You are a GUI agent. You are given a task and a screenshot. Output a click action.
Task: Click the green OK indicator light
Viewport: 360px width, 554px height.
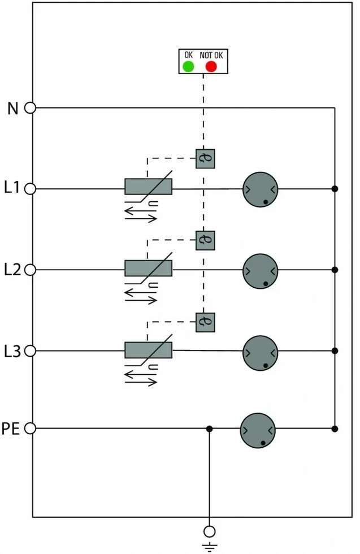(188, 66)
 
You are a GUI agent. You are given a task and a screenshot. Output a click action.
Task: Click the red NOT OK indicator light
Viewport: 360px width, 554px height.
(211, 66)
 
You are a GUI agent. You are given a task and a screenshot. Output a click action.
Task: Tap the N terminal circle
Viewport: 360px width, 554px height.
(31, 108)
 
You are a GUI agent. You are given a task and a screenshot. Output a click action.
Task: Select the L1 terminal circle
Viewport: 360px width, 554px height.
(31, 189)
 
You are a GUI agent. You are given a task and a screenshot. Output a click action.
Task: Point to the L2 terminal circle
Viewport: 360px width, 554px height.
(31, 270)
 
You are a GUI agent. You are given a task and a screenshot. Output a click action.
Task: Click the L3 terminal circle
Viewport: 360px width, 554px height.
(31, 351)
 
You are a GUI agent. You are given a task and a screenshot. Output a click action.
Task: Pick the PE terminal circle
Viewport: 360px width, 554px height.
(31, 429)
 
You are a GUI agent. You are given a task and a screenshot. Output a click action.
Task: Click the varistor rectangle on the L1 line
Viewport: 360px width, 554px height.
(149, 187)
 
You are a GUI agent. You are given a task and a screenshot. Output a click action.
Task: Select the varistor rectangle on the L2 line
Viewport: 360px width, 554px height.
(149, 268)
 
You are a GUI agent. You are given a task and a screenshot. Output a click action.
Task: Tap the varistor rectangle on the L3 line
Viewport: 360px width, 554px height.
(149, 350)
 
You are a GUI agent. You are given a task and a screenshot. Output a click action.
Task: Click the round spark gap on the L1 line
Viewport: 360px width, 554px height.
(261, 189)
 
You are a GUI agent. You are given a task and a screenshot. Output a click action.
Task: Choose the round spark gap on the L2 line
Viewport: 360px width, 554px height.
(261, 271)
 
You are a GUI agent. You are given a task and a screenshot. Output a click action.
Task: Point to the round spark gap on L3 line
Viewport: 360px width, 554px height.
(261, 353)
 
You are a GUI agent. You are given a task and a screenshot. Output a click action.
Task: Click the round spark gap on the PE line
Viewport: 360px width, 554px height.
(258, 430)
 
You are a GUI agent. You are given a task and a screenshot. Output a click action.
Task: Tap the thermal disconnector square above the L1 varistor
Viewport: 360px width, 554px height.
(205, 159)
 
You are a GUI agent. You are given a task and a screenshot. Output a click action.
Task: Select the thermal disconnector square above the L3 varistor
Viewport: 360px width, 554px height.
(205, 322)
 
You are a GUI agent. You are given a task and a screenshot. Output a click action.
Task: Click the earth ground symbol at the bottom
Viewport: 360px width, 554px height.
(210, 547)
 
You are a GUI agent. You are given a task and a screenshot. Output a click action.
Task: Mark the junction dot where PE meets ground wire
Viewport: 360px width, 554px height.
(210, 429)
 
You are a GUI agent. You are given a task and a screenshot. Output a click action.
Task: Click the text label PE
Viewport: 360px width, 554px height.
(11, 429)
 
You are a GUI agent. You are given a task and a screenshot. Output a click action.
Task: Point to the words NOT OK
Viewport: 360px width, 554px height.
(211, 55)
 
